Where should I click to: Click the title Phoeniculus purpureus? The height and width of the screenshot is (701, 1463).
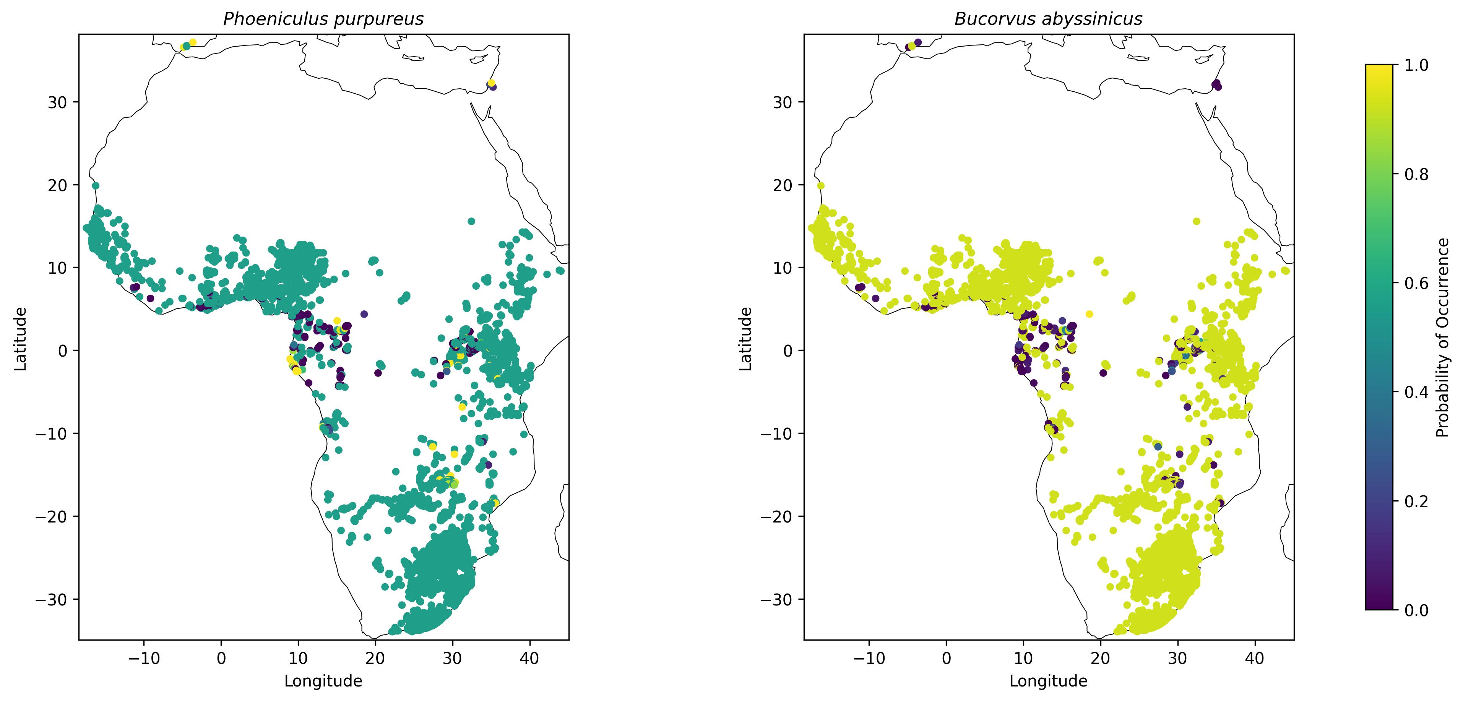click(x=323, y=19)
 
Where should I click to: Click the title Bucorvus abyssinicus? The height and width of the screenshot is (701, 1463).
click(x=1048, y=19)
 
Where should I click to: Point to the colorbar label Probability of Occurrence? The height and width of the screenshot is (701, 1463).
click(x=1443, y=338)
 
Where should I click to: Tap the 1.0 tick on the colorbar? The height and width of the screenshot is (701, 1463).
click(x=1416, y=65)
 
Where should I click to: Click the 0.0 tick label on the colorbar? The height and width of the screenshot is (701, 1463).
click(x=1416, y=610)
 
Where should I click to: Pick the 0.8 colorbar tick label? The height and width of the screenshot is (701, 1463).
click(x=1416, y=174)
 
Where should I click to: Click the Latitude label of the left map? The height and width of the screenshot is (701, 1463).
click(x=20, y=339)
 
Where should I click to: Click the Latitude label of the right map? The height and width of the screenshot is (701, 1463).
click(x=746, y=339)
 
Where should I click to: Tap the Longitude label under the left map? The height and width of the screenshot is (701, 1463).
click(x=323, y=681)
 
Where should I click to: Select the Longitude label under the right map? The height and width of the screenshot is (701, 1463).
click(x=1048, y=681)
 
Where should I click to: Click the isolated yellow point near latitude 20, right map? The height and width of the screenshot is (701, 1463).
click(x=821, y=186)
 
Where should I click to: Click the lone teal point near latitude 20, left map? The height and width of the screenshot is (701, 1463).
click(x=96, y=186)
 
